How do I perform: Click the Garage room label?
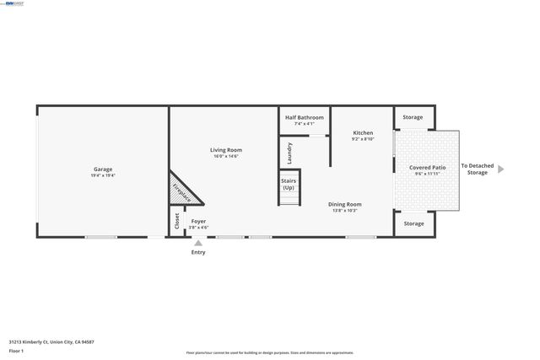click(103, 169)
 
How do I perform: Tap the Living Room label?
click(226, 149)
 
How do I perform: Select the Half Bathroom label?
click(304, 118)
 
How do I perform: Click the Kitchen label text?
click(363, 132)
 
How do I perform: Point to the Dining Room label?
click(345, 204)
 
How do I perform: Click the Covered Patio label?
click(427, 168)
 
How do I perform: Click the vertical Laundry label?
click(289, 153)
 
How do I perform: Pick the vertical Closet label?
click(176, 221)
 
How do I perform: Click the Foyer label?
click(198, 221)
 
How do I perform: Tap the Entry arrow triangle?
click(198, 243)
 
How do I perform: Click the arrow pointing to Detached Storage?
click(500, 169)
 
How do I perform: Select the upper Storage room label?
click(413, 117)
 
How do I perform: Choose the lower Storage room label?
click(413, 223)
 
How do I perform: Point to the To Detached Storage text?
click(477, 169)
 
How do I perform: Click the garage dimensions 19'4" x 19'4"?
click(103, 175)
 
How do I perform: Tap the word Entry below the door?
click(198, 252)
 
